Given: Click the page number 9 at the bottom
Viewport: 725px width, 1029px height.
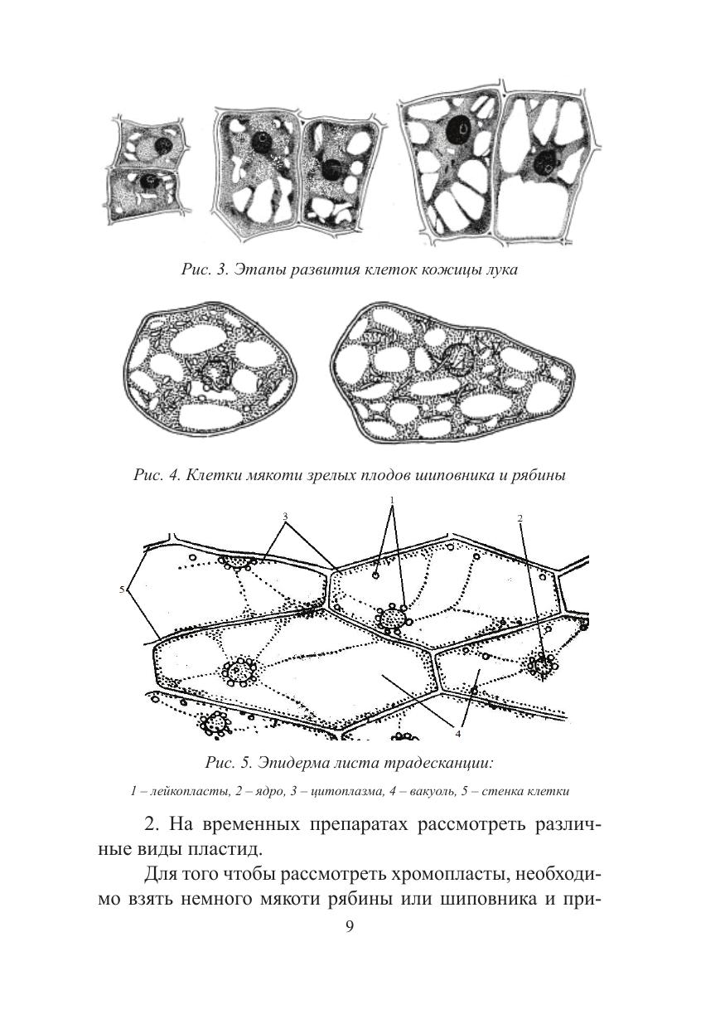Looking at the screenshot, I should click(x=349, y=925).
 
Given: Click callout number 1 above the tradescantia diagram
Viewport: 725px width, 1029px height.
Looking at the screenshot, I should click(x=393, y=501).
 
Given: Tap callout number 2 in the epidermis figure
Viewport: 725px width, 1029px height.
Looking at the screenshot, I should click(x=520, y=518).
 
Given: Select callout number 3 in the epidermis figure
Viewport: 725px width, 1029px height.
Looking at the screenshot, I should click(x=284, y=517).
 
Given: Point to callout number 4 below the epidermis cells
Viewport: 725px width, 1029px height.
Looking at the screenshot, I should click(x=458, y=733).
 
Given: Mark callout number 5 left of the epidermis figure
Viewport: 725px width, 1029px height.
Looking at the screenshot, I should click(x=122, y=590).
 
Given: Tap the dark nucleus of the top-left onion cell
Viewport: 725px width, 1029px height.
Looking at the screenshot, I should click(x=164, y=145).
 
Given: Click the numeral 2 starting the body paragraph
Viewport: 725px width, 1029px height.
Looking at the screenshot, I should click(x=149, y=824).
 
